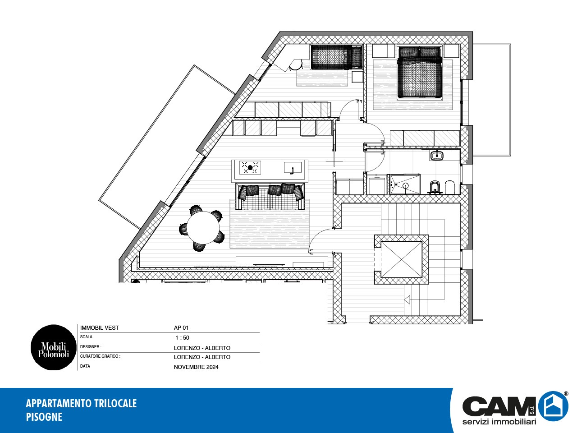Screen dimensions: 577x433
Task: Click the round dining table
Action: tap(203, 228)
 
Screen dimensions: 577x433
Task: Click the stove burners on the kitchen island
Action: tap(250, 167)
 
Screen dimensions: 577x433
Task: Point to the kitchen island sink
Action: tap(293, 168)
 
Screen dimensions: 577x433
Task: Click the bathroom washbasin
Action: tap(437, 155)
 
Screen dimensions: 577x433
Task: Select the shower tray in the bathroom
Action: tap(405, 184)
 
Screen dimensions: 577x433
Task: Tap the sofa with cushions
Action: tap(270, 197)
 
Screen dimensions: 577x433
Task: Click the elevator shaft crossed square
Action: tap(401, 259)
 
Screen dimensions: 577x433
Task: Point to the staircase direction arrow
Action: tap(407, 299)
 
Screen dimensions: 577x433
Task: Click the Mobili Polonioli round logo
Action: tap(53, 347)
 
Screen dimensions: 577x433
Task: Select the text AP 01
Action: tap(181, 327)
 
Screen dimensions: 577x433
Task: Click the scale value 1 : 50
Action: tap(182, 337)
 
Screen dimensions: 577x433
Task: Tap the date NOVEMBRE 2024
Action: tap(196, 367)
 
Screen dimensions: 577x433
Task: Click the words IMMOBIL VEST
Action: tap(99, 328)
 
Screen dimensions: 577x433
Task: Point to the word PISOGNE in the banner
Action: tap(44, 417)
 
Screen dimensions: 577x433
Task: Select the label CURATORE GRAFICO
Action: tap(100, 356)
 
